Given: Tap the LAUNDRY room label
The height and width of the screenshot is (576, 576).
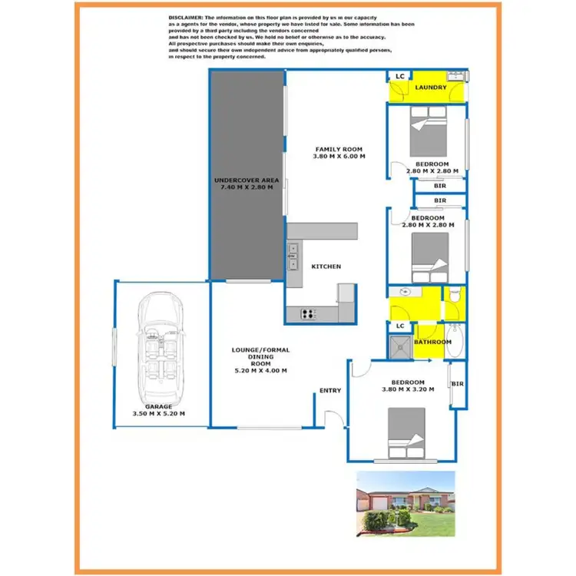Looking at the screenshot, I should click(x=431, y=88).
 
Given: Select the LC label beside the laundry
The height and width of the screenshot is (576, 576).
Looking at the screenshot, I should click(x=399, y=76).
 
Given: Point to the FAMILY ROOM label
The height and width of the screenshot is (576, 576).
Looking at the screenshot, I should click(x=339, y=149).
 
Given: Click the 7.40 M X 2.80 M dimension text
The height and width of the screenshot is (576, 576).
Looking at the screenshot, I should click(x=243, y=187).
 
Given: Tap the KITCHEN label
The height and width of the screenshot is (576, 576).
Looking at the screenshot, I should click(x=326, y=266).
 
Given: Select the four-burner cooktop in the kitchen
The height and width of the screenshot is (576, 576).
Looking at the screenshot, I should click(x=309, y=313).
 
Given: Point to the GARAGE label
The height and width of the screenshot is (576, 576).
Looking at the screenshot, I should click(x=160, y=406).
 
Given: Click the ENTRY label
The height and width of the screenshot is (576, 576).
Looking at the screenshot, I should click(x=330, y=391).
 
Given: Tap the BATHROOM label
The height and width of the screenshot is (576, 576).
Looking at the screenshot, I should click(x=432, y=342).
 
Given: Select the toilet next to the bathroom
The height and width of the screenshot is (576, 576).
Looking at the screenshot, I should click(x=455, y=295).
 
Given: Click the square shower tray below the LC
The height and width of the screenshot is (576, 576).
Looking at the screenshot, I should click(x=399, y=345).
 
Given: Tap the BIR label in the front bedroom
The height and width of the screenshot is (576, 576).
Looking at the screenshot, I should click(x=458, y=384).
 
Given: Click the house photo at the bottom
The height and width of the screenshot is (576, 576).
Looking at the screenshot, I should click(x=406, y=504).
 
